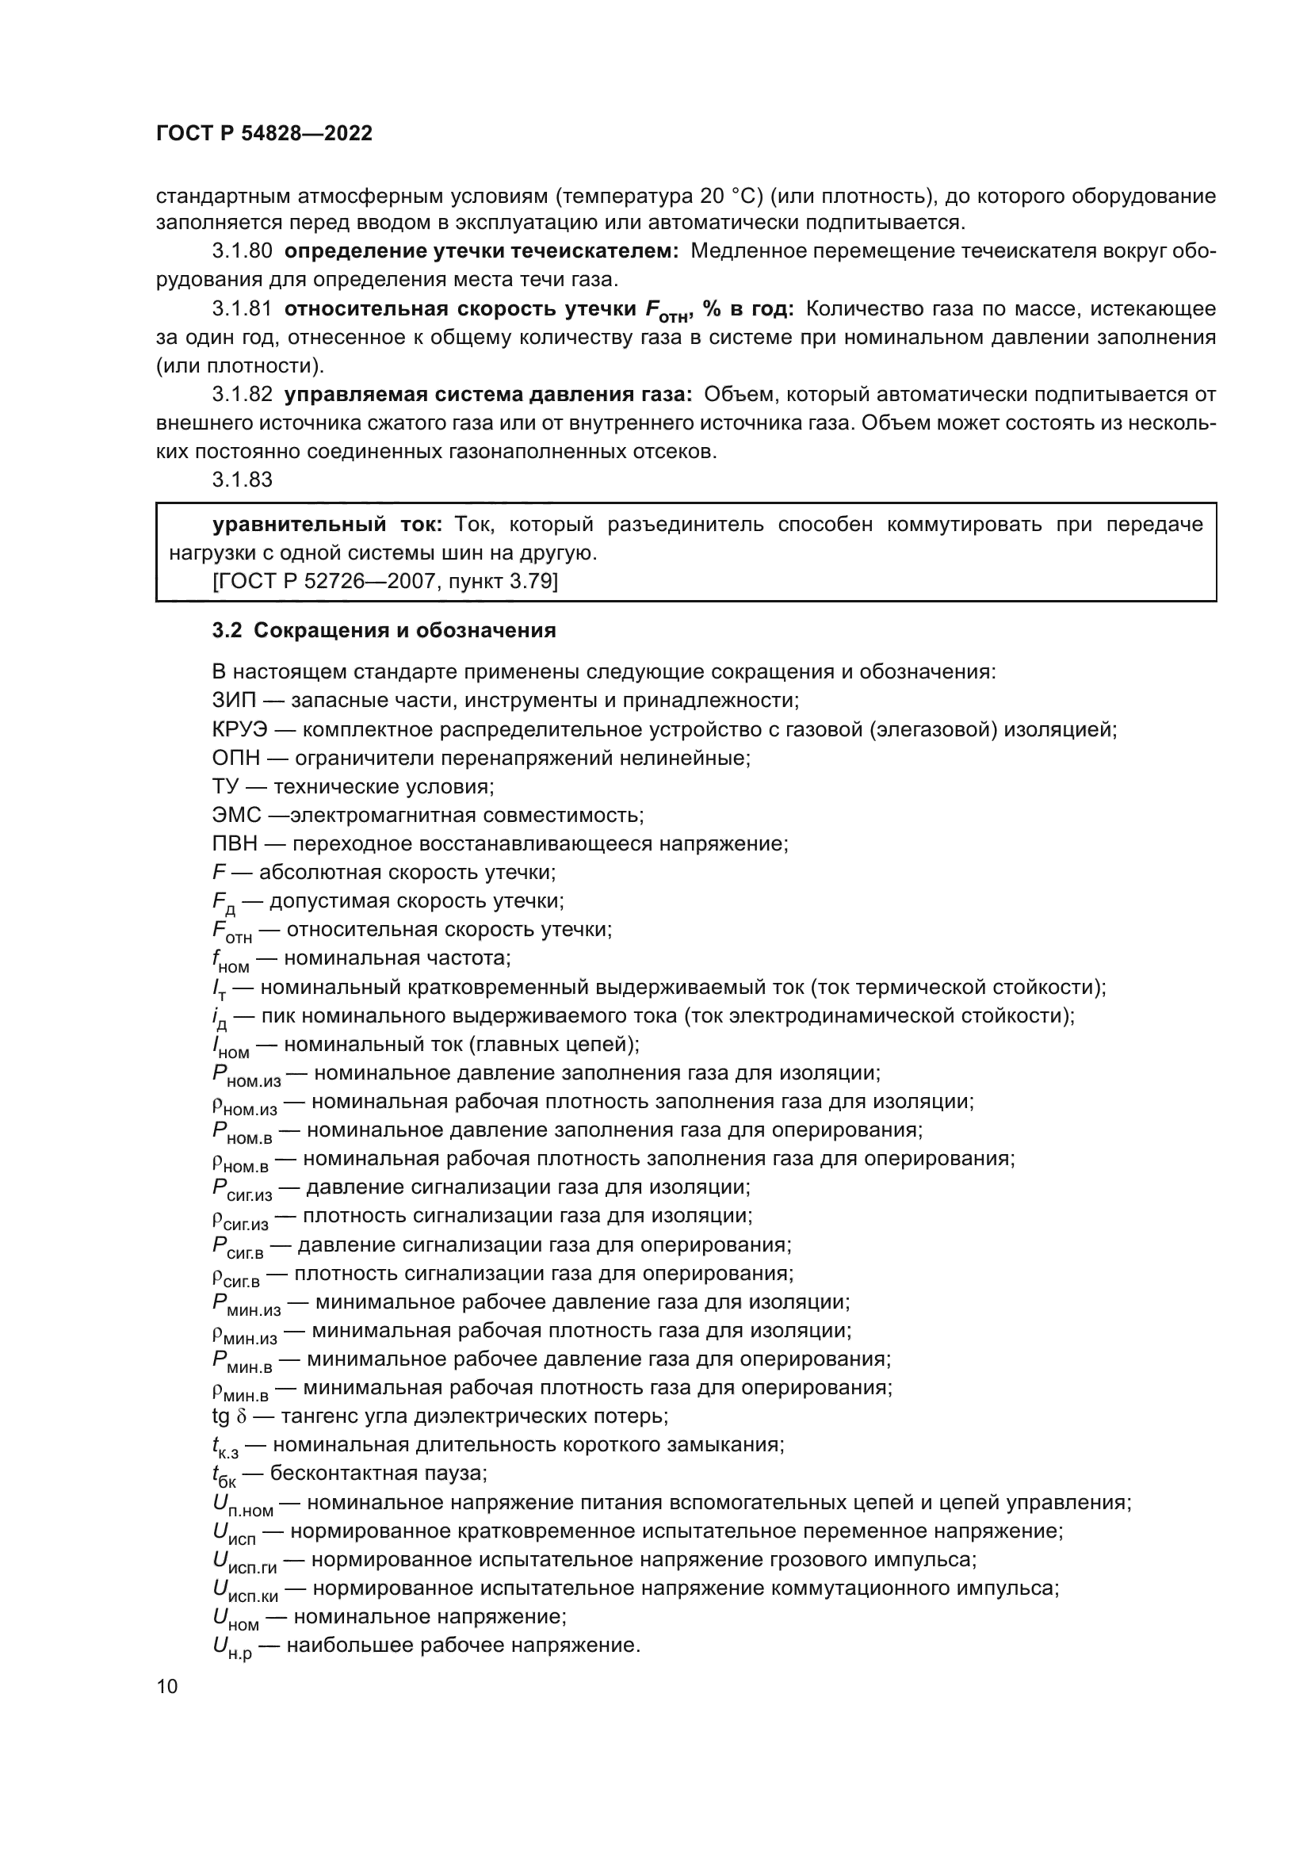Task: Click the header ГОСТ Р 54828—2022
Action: (264, 134)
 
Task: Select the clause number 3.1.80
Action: (243, 251)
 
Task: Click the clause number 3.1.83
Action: (243, 480)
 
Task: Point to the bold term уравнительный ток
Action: (327, 525)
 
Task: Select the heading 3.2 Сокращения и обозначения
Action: (384, 631)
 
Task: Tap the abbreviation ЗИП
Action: (231, 700)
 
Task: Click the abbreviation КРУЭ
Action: (239, 729)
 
